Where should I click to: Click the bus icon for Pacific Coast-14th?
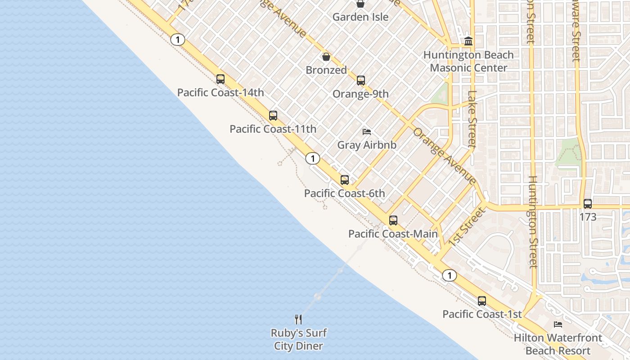220,79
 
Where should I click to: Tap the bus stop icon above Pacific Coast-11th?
273,116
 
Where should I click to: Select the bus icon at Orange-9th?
360,81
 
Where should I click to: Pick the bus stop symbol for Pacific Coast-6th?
344,180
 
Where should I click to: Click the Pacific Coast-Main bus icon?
393,220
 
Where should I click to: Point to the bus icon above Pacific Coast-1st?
481,301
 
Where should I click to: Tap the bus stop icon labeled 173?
587,204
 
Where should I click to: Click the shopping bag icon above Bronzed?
326,57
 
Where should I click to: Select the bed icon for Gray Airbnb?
367,132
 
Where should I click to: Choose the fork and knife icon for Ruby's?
298,319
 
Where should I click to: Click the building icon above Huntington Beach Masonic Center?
468,41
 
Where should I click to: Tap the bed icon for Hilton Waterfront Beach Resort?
558,324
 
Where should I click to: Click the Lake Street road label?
472,119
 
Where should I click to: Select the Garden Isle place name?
360,17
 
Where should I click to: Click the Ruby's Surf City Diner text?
298,340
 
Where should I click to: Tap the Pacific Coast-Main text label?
393,234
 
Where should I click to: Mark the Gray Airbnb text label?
367,145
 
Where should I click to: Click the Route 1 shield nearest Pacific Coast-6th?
312,158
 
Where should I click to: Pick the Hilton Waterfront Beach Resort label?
558,344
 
